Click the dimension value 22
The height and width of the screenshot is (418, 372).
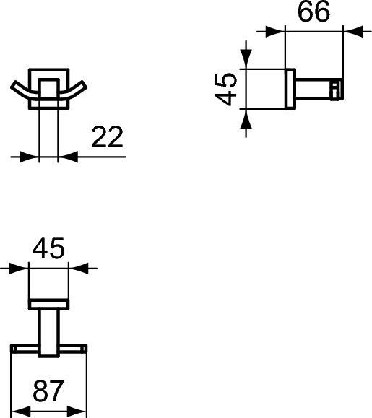(x=108, y=136)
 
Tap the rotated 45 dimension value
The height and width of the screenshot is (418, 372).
(x=228, y=89)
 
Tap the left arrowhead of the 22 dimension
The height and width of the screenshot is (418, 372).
(x=31, y=156)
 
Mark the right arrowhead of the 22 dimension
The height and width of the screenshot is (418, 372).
(x=65, y=156)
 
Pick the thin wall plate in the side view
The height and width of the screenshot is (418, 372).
(x=290, y=89)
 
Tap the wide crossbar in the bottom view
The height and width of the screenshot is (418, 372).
(x=49, y=349)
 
